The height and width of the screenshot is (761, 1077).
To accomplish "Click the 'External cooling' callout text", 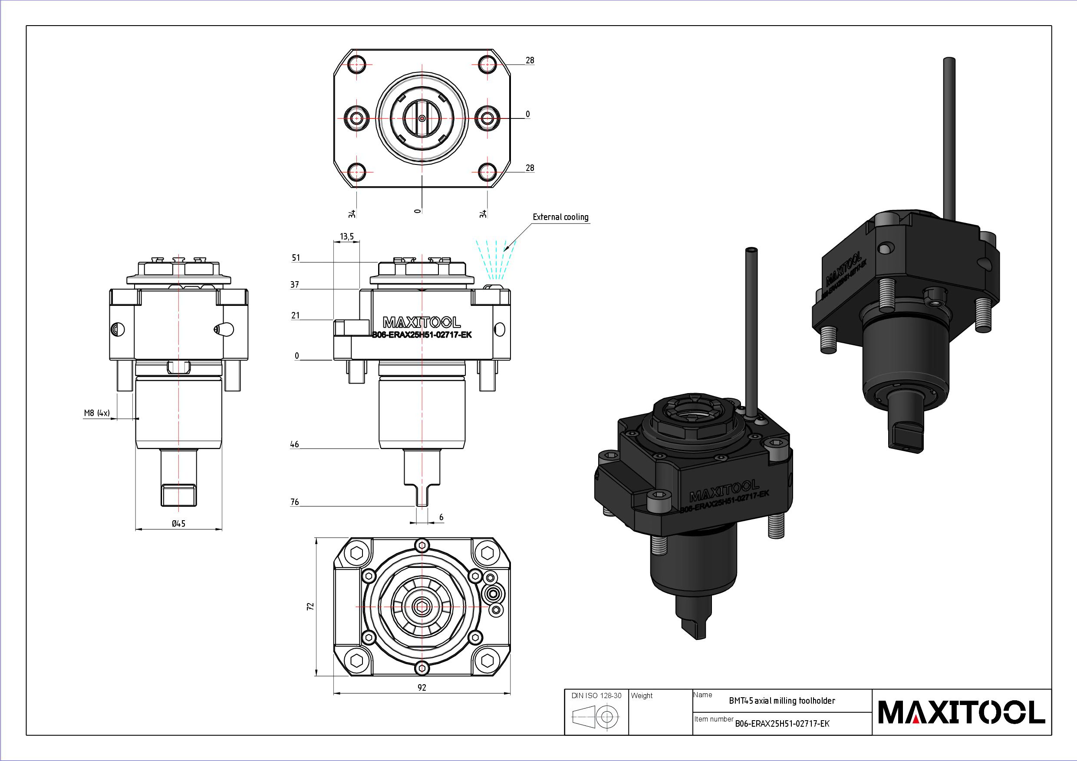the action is (560, 216).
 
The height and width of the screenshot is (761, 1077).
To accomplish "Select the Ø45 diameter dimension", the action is (179, 523).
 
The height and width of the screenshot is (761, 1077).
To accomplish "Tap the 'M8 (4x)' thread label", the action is (97, 413).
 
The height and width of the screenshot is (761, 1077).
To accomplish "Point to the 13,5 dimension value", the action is (347, 236).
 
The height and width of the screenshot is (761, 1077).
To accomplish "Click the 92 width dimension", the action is (422, 687).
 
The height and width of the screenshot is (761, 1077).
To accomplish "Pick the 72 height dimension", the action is (310, 606).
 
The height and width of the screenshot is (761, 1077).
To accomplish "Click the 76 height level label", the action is (295, 502).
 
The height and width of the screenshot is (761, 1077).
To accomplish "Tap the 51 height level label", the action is (296, 257).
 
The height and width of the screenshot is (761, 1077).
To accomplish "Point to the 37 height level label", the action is (295, 285).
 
